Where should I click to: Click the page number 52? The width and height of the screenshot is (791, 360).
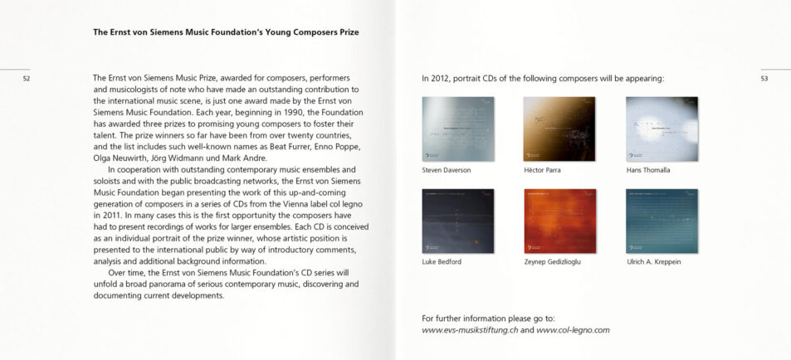[x=27, y=79]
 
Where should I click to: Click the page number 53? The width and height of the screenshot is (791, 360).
[x=764, y=79]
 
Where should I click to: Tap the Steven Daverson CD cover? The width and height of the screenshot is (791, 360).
[x=458, y=128]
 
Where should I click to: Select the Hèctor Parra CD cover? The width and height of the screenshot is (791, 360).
[x=559, y=128]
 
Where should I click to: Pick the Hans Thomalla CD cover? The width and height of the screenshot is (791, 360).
[x=662, y=128]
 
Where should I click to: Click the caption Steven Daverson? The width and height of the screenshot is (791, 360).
[x=447, y=170]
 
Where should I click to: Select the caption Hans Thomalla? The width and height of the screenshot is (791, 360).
[x=648, y=170]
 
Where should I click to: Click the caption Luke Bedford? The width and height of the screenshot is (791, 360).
[x=442, y=262]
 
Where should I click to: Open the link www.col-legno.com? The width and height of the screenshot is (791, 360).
[x=573, y=329]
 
